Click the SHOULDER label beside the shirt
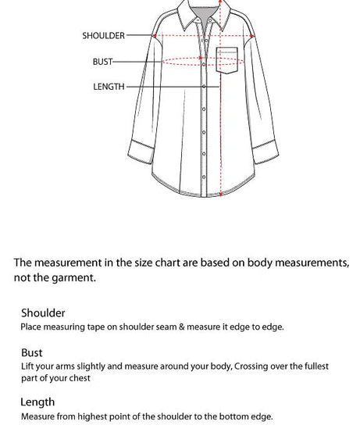[x=103, y=35]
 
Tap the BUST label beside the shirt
[x=103, y=61]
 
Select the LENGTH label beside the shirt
[x=109, y=87]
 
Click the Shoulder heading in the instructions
[x=43, y=312]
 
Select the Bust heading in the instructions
[x=32, y=352]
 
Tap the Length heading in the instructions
[x=38, y=402]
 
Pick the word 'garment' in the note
[x=73, y=277]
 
